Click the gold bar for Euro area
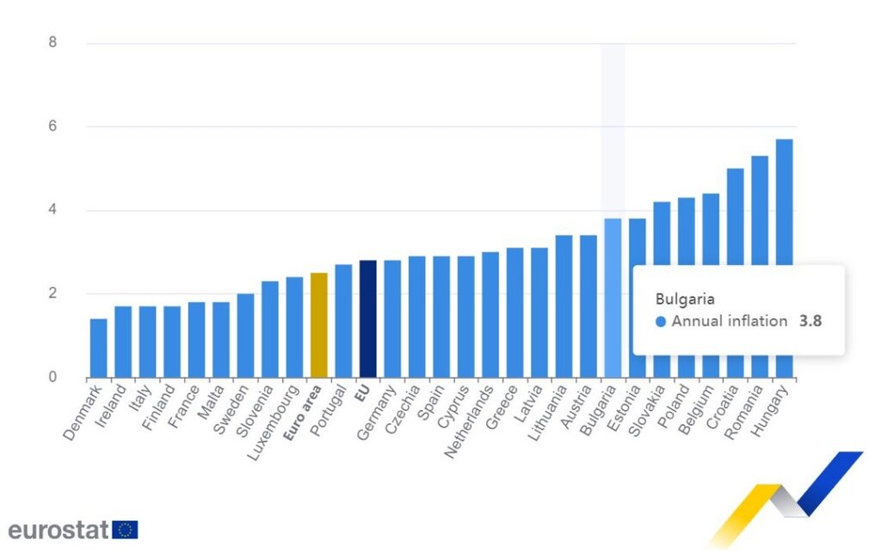(x=318, y=325)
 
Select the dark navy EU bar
(x=367, y=319)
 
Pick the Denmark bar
(x=99, y=348)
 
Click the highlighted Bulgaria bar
(x=613, y=297)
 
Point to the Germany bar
(x=392, y=319)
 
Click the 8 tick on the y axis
(x=53, y=43)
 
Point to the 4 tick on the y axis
(x=53, y=211)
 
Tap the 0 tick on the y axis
(x=53, y=377)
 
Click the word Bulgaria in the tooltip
(x=685, y=299)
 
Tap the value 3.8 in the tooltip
(x=810, y=322)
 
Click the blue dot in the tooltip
(x=661, y=322)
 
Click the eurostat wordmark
(x=59, y=529)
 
